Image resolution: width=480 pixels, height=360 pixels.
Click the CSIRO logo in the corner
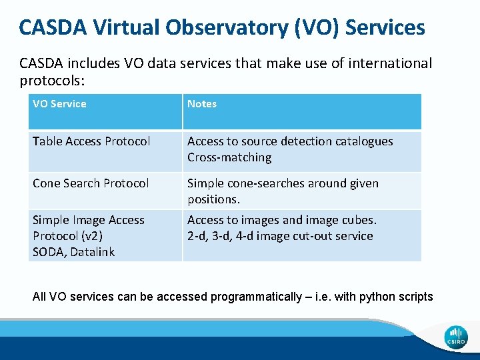click(457, 337)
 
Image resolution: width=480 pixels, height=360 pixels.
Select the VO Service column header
click(59, 103)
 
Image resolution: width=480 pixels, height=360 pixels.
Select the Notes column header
click(202, 103)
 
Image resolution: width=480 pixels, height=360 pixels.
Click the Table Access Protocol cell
click(91, 141)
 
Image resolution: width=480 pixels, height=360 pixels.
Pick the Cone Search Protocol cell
click(91, 183)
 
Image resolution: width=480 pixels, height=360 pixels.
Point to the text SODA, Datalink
click(73, 252)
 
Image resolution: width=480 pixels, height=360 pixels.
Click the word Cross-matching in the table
click(229, 157)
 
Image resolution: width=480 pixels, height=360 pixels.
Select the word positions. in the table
click(213, 199)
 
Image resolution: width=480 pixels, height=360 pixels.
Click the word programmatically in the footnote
click(256, 297)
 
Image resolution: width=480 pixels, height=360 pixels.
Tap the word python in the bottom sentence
click(377, 297)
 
